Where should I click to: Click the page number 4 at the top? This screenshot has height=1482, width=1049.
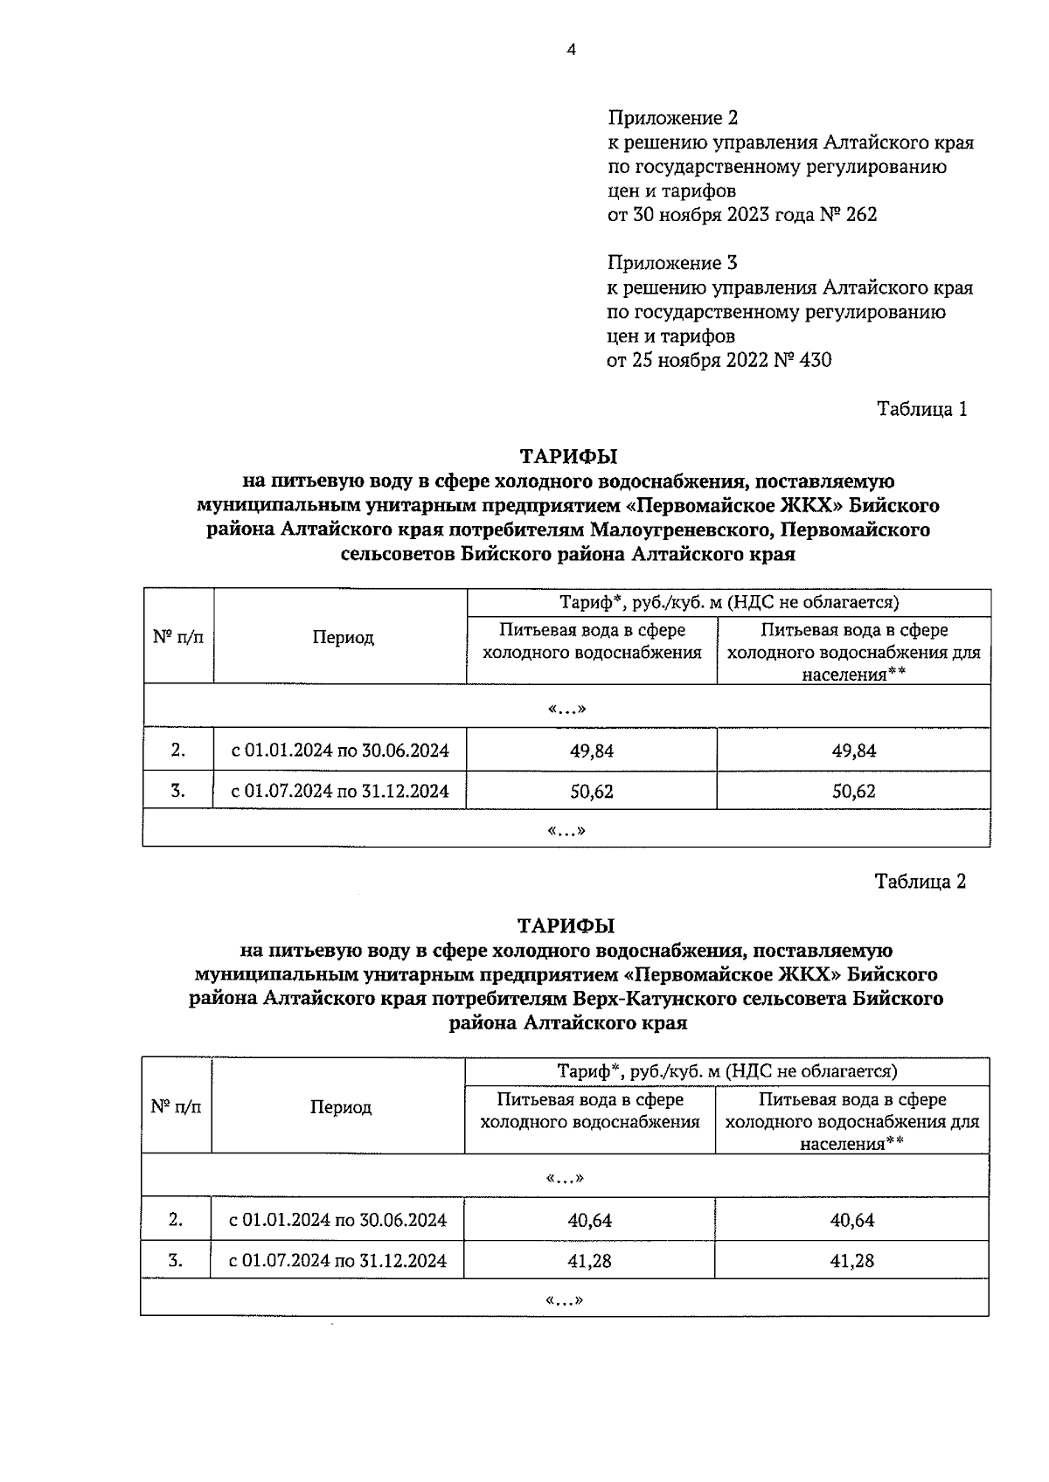(571, 50)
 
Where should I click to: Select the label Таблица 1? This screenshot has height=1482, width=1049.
(921, 409)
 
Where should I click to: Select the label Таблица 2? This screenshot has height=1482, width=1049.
(920, 881)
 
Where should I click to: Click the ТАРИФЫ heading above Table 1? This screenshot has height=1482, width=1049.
(568, 456)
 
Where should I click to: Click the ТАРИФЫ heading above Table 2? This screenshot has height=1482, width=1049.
(566, 925)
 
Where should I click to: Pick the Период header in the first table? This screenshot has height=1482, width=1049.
(344, 637)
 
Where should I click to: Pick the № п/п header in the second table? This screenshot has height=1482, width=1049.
(176, 1106)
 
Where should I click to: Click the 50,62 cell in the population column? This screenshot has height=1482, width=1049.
(853, 791)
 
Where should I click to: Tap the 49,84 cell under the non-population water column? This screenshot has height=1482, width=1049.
(592, 751)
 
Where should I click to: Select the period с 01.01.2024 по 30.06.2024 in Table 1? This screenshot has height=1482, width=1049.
(339, 751)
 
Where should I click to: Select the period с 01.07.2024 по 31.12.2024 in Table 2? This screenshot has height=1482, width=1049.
(337, 1260)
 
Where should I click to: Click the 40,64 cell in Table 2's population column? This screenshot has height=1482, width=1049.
(851, 1220)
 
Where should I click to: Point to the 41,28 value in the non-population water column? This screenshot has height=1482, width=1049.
(590, 1260)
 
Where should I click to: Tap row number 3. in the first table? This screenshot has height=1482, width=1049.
(177, 791)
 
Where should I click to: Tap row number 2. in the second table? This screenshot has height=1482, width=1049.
(176, 1220)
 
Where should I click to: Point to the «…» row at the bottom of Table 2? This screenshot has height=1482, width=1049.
(564, 1300)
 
